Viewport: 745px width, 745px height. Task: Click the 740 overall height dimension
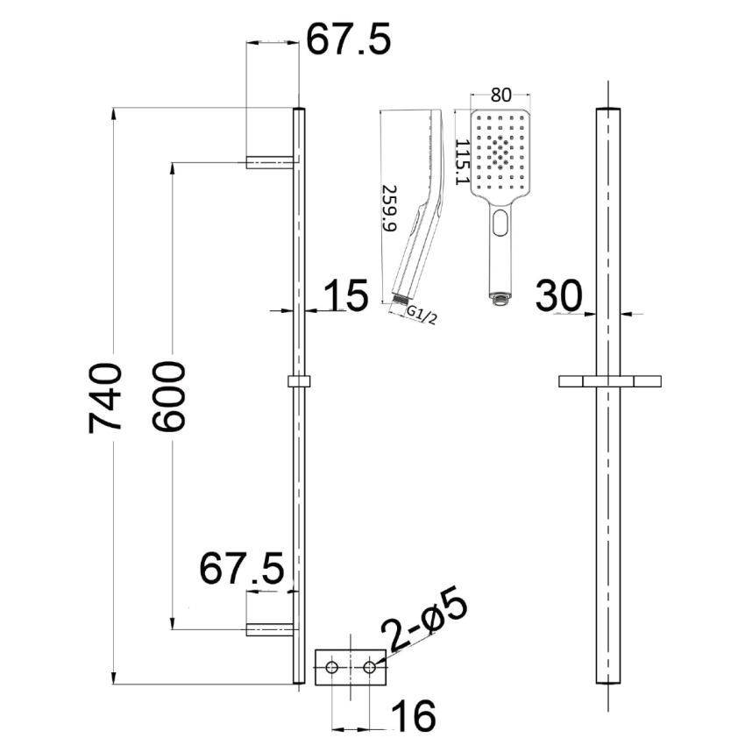(x=106, y=396)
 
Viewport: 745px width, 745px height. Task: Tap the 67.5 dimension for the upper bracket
(x=347, y=40)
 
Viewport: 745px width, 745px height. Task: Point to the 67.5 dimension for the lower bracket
(x=241, y=570)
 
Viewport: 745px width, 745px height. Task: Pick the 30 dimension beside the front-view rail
(x=559, y=296)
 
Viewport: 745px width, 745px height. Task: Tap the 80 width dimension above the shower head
(x=500, y=94)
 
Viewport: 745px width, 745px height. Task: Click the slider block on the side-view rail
(x=299, y=382)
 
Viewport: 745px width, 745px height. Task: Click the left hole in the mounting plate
(x=332, y=668)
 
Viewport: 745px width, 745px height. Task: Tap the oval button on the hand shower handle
(x=500, y=223)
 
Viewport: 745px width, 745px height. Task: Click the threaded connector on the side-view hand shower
(x=402, y=300)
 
